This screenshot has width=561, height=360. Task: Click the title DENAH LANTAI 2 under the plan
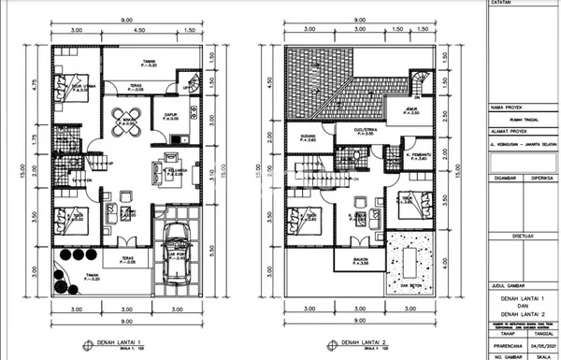click(x=363, y=343)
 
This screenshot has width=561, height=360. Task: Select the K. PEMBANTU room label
click(x=415, y=155)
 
